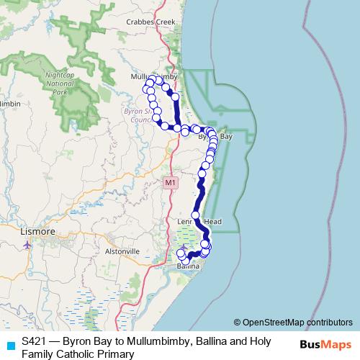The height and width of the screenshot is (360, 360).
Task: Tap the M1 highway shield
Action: click(170, 182)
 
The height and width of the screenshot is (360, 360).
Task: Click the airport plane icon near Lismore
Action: click(27, 243)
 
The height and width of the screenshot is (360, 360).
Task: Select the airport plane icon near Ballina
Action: click(183, 248)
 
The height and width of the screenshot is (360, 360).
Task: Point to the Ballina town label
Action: click(189, 266)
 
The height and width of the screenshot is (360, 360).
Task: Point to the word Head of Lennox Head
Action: click(212, 221)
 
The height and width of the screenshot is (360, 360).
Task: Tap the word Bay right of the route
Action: click(225, 136)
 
